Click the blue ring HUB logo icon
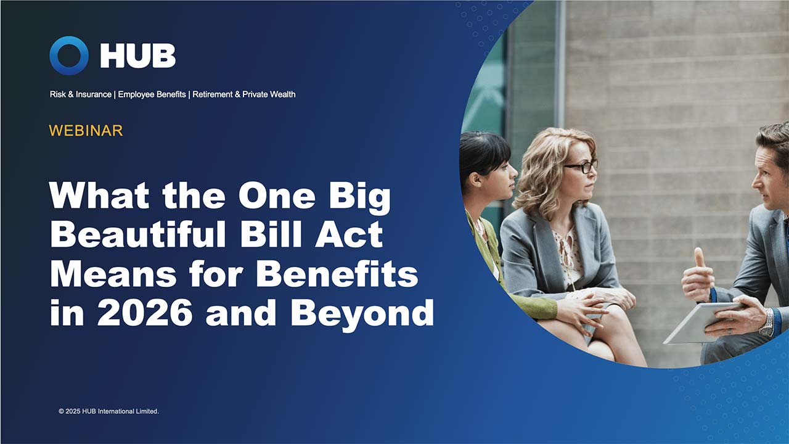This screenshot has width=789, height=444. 69,55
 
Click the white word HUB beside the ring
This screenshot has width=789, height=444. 138,56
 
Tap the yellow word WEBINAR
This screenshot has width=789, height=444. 86,131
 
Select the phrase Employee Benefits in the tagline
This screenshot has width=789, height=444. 152,94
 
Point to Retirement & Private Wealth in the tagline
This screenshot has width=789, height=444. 244,94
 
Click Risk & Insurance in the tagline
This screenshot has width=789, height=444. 81,94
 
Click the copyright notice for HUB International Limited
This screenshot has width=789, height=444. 108,411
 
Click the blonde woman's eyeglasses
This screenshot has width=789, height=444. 581,166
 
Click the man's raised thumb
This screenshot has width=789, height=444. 699,258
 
